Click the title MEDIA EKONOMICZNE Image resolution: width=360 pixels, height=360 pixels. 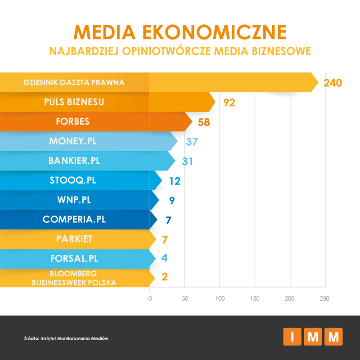(180, 32)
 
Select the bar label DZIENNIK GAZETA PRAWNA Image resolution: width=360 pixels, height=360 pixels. (74, 82)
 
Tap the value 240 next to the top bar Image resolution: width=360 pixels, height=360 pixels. (333, 83)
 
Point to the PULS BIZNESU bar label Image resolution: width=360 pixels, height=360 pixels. (74, 102)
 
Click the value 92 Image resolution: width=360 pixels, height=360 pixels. (229, 103)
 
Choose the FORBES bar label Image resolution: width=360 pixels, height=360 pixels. (73, 122)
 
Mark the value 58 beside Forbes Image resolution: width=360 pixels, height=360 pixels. (204, 122)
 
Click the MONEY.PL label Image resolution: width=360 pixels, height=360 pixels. (73, 141)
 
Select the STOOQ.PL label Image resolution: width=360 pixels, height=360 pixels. (73, 180)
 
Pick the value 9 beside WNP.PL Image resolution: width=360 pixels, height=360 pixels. (172, 200)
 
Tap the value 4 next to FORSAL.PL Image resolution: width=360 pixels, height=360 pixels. (165, 259)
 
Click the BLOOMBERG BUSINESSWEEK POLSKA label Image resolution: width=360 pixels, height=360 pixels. (74, 278)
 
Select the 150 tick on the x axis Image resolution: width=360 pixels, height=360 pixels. (255, 298)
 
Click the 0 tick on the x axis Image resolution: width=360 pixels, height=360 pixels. (149, 298)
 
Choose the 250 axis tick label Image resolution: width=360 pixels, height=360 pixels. (324, 298)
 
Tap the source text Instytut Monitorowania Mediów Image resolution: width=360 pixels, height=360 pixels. (74, 338)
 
